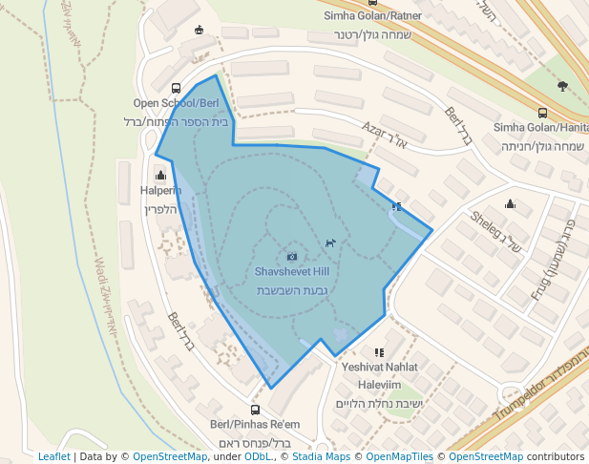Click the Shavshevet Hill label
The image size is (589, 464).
tap(291, 271)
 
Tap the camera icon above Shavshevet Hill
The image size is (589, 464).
tap(292, 256)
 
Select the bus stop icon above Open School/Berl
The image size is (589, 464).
tap(176, 88)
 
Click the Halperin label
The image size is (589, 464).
tap(160, 191)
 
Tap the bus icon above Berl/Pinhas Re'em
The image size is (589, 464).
tap(255, 410)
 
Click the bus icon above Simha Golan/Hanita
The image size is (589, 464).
tap(542, 113)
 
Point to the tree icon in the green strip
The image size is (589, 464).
tap(562, 86)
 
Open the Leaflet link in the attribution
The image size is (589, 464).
tap(53, 456)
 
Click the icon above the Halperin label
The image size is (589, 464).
tap(160, 175)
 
